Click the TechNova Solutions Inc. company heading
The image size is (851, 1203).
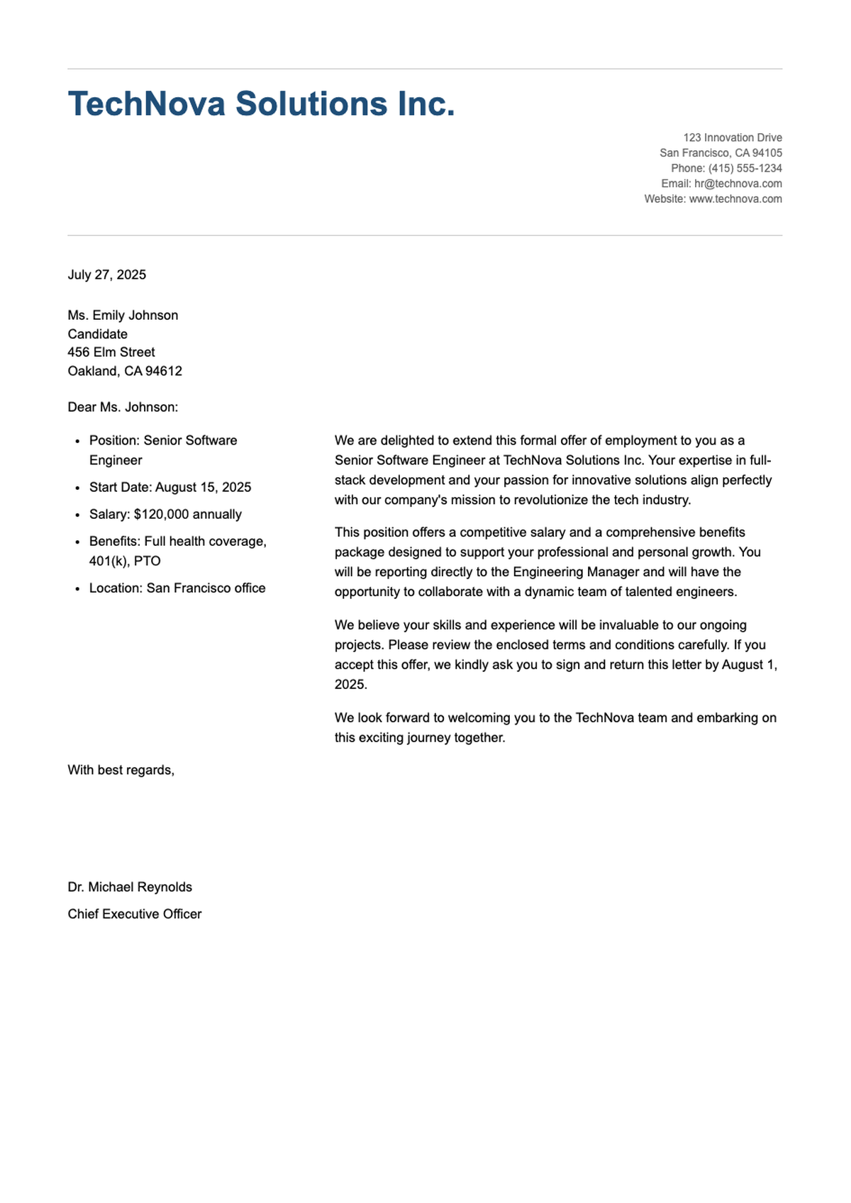tap(261, 104)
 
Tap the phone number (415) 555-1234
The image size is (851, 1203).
tap(745, 169)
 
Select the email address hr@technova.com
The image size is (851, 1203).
tap(738, 184)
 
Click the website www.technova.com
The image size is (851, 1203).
tap(735, 199)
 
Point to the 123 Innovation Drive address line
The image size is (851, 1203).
tap(733, 138)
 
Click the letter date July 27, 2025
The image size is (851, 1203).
tap(107, 275)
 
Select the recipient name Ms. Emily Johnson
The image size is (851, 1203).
tap(123, 315)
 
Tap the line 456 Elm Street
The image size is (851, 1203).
tap(111, 352)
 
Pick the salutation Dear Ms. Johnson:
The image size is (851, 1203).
tap(123, 408)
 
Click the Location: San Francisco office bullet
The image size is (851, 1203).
tap(177, 588)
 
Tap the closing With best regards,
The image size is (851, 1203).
tap(121, 771)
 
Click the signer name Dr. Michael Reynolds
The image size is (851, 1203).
tap(130, 888)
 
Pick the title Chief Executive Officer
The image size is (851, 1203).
tap(135, 914)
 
